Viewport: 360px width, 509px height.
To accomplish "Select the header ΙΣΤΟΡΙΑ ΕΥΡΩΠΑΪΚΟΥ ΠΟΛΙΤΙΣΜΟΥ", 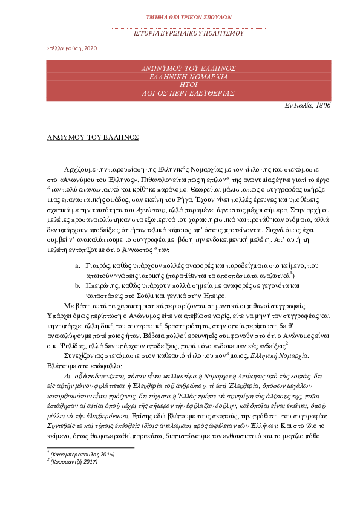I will tap(180, 33).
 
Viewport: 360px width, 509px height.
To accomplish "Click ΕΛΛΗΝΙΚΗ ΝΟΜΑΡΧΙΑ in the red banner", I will tap(180, 77).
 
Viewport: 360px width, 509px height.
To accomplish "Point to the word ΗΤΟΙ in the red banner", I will tap(180, 86).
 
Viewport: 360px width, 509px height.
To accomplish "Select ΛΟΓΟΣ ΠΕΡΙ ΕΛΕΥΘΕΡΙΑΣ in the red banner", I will tap(180, 95).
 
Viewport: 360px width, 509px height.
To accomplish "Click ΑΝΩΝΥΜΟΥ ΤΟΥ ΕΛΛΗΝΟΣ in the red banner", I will tap(180, 68).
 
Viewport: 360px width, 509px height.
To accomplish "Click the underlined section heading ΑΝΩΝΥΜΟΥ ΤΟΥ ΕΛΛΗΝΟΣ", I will tap(93, 137).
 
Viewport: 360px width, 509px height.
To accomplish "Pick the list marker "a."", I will tap(77, 266).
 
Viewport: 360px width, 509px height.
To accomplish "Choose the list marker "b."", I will tap(77, 287).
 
